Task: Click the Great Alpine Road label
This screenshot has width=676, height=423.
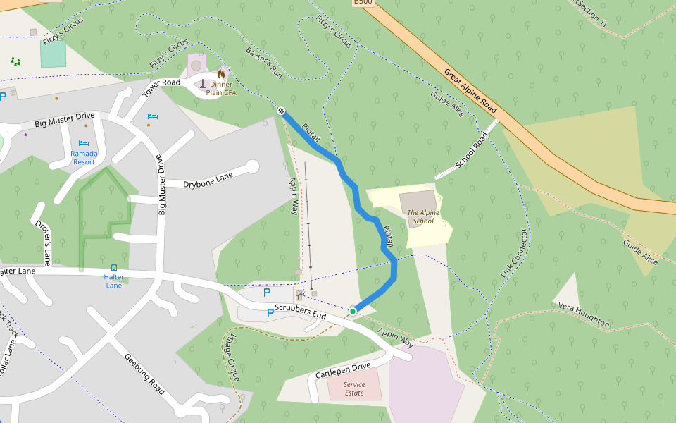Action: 470,90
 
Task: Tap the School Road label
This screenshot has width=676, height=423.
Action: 471,152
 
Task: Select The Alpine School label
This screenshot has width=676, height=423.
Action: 423,216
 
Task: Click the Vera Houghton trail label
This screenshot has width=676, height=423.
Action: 584,315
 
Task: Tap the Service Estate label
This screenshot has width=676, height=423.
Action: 354,388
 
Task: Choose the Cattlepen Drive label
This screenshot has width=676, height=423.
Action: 343,369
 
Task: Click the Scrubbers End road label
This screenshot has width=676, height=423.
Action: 301,312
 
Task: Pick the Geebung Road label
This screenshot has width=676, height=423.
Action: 144,374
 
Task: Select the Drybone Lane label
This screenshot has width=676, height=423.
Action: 208,181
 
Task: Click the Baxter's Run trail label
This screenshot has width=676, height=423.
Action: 264,62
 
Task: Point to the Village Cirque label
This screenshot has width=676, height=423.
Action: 232,358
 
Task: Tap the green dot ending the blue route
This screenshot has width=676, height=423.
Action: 353,311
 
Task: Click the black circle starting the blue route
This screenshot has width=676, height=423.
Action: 280,111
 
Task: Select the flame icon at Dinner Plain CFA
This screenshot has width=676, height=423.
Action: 221,73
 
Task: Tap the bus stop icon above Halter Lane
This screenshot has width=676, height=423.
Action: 113,268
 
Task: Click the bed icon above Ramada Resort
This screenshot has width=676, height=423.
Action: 84,143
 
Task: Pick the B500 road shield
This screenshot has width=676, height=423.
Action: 362,3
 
